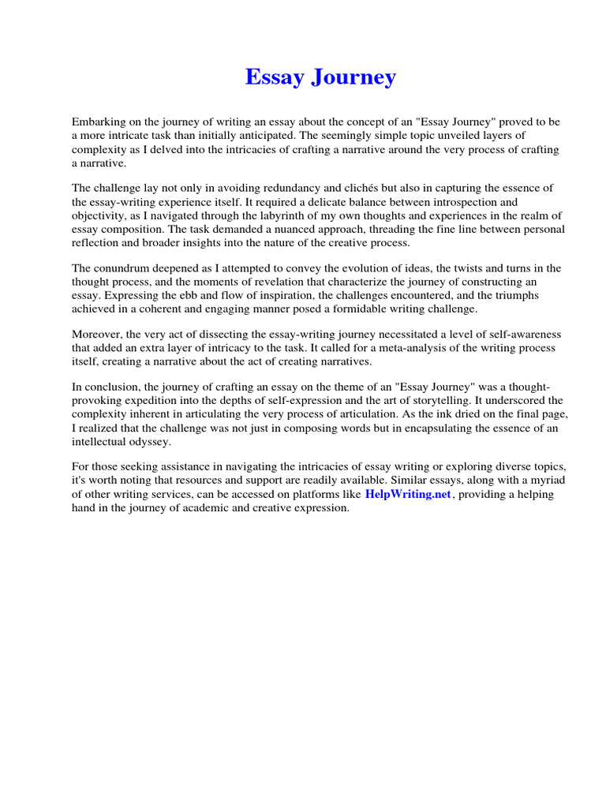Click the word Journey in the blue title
click(x=354, y=77)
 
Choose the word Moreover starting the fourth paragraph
click(x=97, y=335)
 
